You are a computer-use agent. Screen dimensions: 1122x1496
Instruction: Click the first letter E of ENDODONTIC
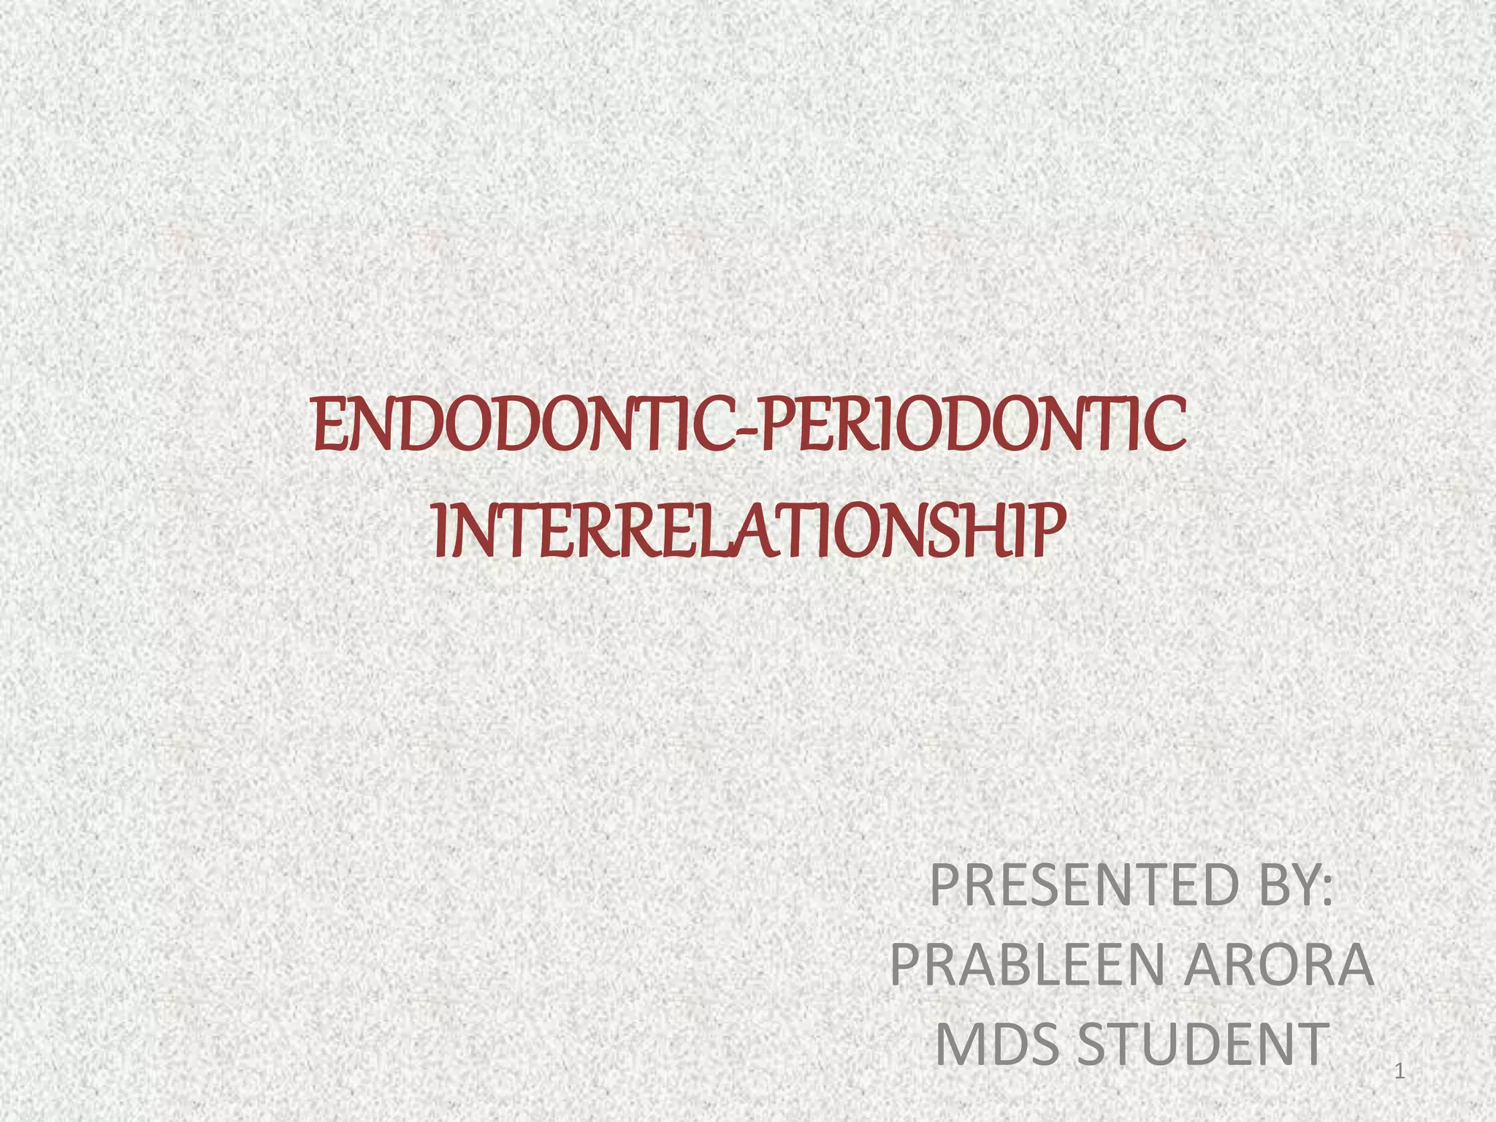(x=327, y=426)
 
